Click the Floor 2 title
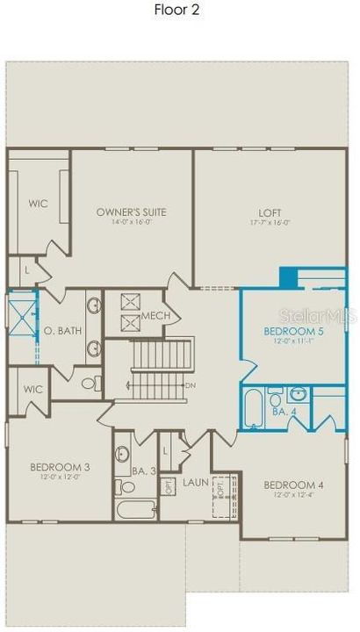[180, 12]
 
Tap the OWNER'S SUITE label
[131, 212]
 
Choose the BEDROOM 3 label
[60, 467]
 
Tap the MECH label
[155, 316]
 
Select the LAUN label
[195, 483]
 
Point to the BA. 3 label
[145, 471]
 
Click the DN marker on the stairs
[191, 385]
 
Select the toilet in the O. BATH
[88, 383]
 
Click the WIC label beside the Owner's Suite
[37, 203]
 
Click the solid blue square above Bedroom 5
[288, 277]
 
